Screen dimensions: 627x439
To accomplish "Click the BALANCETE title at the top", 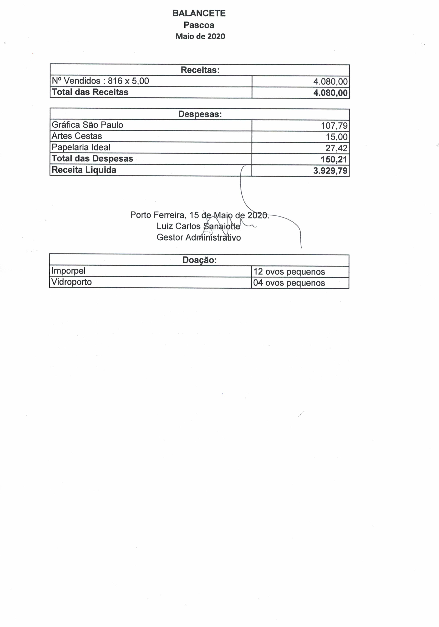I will (x=199, y=13).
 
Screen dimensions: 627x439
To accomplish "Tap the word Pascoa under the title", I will (x=199, y=25).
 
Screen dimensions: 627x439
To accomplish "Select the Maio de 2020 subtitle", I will (x=200, y=36).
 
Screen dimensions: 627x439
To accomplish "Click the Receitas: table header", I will (x=200, y=70).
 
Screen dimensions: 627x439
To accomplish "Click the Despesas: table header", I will (x=200, y=114).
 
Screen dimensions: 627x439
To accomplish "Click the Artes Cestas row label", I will (x=77, y=136).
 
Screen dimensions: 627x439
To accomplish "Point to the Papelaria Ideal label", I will (x=81, y=147).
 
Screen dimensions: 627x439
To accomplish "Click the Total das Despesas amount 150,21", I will (x=333, y=159).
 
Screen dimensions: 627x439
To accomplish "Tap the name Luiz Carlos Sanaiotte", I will (x=198, y=226).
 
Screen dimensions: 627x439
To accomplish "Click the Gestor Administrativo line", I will (x=199, y=238).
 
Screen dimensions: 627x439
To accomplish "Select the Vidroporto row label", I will (x=71, y=282).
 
